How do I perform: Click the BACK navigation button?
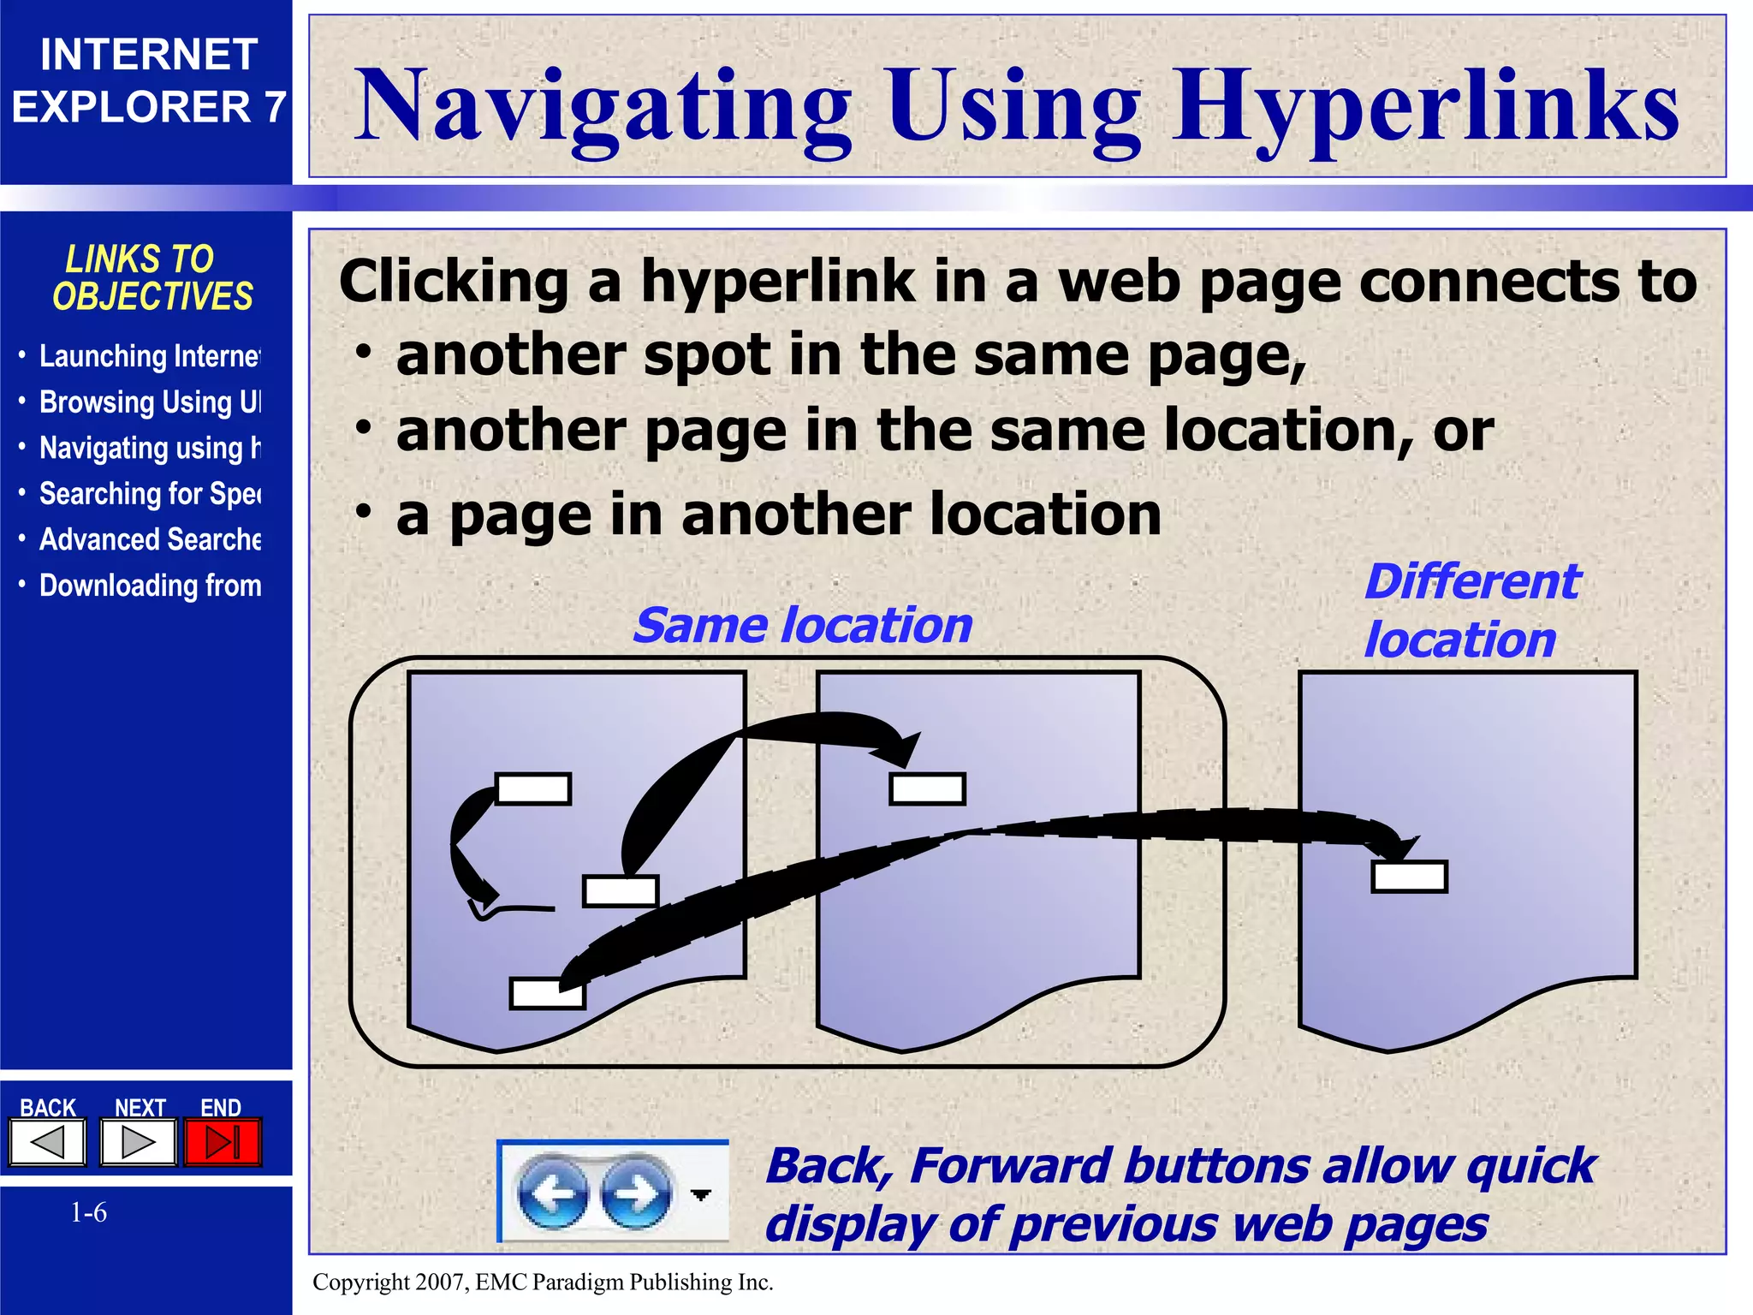(48, 1142)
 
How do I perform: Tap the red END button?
(223, 1142)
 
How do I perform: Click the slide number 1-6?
(88, 1212)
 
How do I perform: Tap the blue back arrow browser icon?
(552, 1193)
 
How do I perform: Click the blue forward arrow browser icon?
(636, 1193)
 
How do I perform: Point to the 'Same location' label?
(803, 625)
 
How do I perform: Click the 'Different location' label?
(1471, 610)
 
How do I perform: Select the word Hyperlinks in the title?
(1425, 106)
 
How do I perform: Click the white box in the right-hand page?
(1409, 877)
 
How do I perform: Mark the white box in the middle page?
(927, 788)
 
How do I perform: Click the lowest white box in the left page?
(547, 994)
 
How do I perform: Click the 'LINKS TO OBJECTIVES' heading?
(152, 277)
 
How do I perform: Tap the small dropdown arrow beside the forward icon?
(701, 1194)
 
